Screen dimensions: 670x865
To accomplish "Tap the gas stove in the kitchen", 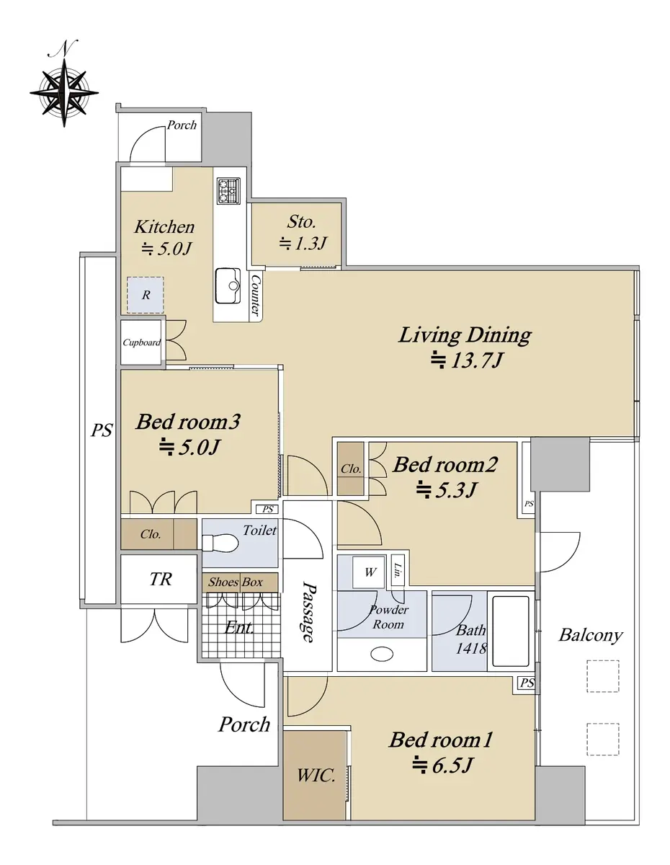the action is [228, 191].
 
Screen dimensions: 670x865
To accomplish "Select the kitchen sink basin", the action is [228, 285].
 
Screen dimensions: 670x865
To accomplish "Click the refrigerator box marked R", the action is [146, 295].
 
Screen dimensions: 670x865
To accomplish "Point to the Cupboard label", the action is [142, 342].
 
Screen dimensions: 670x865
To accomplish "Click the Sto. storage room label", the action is [301, 222].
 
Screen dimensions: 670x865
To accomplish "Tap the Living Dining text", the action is [465, 335].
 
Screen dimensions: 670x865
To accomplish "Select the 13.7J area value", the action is [467, 360].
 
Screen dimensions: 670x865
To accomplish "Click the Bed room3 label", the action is [188, 422].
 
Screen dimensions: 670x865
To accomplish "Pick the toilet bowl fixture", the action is [220, 543].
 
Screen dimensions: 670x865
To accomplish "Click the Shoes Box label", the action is [235, 582].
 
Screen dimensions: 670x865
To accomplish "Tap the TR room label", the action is [161, 579].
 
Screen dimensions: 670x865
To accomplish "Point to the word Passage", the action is [309, 613].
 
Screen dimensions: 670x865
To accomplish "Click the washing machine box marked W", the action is [369, 572].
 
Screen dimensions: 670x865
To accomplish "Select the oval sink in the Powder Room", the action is [382, 654].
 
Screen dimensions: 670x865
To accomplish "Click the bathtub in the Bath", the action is [511, 631].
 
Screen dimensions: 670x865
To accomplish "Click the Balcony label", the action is [591, 635].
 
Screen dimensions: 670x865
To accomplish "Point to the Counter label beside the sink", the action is [256, 295].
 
